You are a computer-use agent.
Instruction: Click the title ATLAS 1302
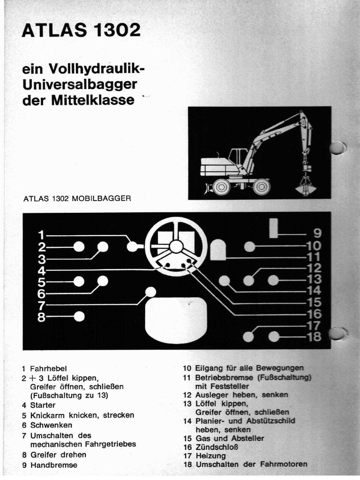81,31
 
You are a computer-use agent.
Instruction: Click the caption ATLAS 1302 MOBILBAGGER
77,198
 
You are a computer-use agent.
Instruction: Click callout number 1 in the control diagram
42,235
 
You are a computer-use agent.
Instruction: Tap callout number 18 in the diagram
314,337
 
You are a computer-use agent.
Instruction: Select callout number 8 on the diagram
42,317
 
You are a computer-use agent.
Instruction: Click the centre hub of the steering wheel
176,246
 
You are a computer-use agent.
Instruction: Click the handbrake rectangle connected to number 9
273,228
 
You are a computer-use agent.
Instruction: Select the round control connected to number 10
250,246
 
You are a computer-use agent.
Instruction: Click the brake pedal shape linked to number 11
218,249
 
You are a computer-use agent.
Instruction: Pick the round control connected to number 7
150,292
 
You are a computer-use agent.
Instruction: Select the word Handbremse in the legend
53,465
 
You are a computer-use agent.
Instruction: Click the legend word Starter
43,405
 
